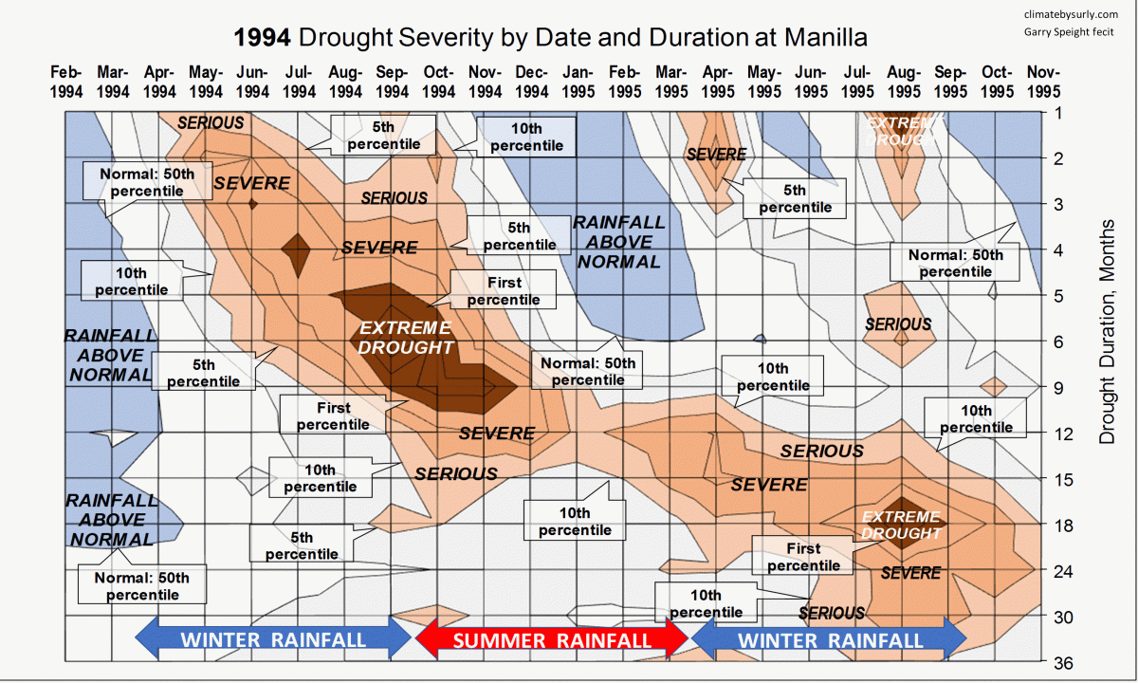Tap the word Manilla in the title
(821, 38)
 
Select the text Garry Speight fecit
(1069, 32)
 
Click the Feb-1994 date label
(66, 82)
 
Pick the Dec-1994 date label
(531, 82)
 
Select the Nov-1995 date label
(1042, 82)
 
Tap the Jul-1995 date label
(856, 82)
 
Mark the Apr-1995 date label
(717, 82)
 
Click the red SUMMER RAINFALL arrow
(552, 639)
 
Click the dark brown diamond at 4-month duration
(299, 252)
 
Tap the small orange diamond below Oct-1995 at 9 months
(994, 386)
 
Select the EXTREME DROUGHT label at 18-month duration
(901, 525)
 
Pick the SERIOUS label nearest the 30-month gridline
(832, 613)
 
